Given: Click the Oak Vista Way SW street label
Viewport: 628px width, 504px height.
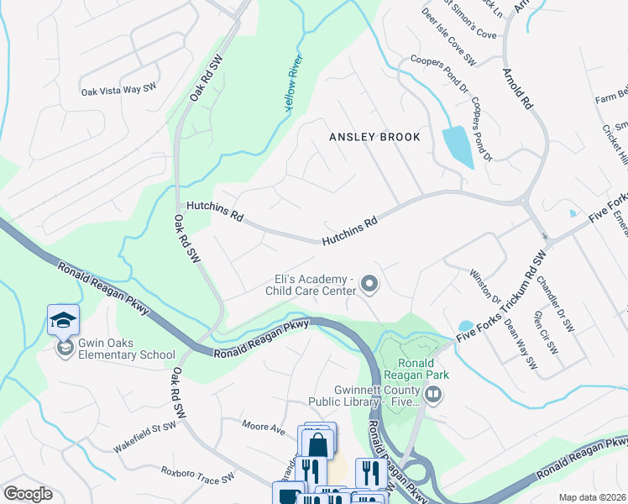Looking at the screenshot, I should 119,88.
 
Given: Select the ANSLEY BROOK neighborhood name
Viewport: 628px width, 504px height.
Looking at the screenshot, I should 374,137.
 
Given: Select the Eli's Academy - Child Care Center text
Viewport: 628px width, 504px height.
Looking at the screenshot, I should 311,286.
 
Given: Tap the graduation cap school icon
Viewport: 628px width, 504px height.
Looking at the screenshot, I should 63,320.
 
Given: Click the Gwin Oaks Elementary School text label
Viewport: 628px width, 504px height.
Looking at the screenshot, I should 116,349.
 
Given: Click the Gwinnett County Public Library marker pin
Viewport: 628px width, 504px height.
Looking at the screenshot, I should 433,394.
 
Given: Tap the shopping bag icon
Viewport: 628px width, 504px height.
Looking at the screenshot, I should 317,443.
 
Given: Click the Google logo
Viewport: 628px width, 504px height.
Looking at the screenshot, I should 28,494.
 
